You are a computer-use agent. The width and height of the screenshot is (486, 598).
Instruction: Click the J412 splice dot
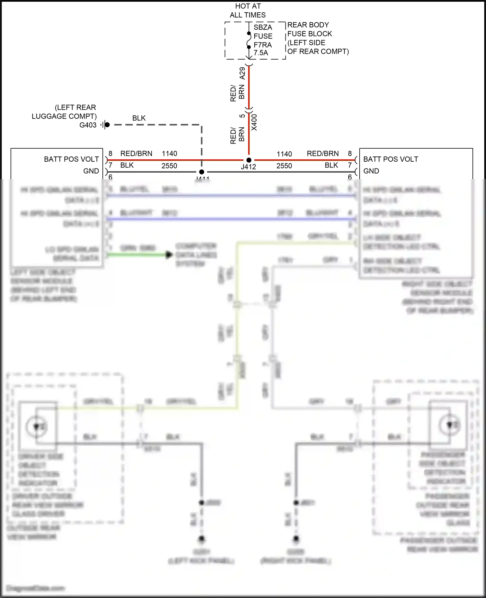[249, 160]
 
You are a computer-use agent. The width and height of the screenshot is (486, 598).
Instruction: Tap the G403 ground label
[88, 125]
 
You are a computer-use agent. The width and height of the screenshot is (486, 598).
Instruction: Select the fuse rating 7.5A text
[261, 53]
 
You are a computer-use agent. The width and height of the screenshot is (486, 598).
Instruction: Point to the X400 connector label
[254, 122]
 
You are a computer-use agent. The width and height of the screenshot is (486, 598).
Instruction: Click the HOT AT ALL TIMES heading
[248, 10]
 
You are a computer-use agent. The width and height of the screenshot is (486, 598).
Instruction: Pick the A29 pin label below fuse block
[242, 74]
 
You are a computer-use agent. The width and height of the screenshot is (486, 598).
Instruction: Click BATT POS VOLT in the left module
[71, 159]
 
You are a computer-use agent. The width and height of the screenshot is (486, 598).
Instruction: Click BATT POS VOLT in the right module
[390, 159]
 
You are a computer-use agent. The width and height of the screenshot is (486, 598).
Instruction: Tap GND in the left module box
[91, 171]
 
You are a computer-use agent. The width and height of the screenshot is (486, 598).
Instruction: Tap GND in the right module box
[371, 171]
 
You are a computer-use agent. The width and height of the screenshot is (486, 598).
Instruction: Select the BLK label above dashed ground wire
[139, 118]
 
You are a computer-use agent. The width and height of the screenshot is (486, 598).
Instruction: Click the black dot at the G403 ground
[107, 125]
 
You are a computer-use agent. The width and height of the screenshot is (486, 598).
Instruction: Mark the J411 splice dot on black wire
[202, 172]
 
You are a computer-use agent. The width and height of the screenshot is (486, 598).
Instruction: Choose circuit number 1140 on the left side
[169, 154]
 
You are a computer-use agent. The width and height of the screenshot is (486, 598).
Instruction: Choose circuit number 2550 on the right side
[284, 166]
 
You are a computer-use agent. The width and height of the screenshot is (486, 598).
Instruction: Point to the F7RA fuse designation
[262, 45]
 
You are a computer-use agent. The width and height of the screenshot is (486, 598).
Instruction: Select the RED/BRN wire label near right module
[323, 154]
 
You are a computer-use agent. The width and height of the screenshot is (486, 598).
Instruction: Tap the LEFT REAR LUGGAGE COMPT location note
[64, 112]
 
